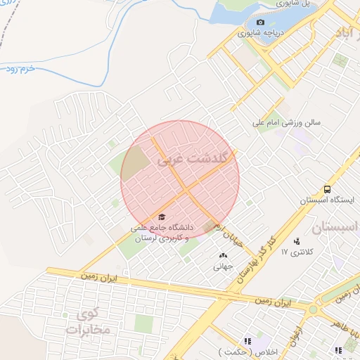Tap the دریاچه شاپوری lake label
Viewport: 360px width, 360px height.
259,32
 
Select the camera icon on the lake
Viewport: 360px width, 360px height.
260,22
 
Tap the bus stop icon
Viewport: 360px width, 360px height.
327,189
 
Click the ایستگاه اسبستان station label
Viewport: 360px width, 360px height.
325,200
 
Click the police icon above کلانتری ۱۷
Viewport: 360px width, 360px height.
296,241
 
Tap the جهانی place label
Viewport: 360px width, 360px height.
223,266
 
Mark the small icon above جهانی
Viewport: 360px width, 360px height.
223,256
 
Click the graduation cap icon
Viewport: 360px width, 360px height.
162,217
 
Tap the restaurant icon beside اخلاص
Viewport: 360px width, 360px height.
247,340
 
